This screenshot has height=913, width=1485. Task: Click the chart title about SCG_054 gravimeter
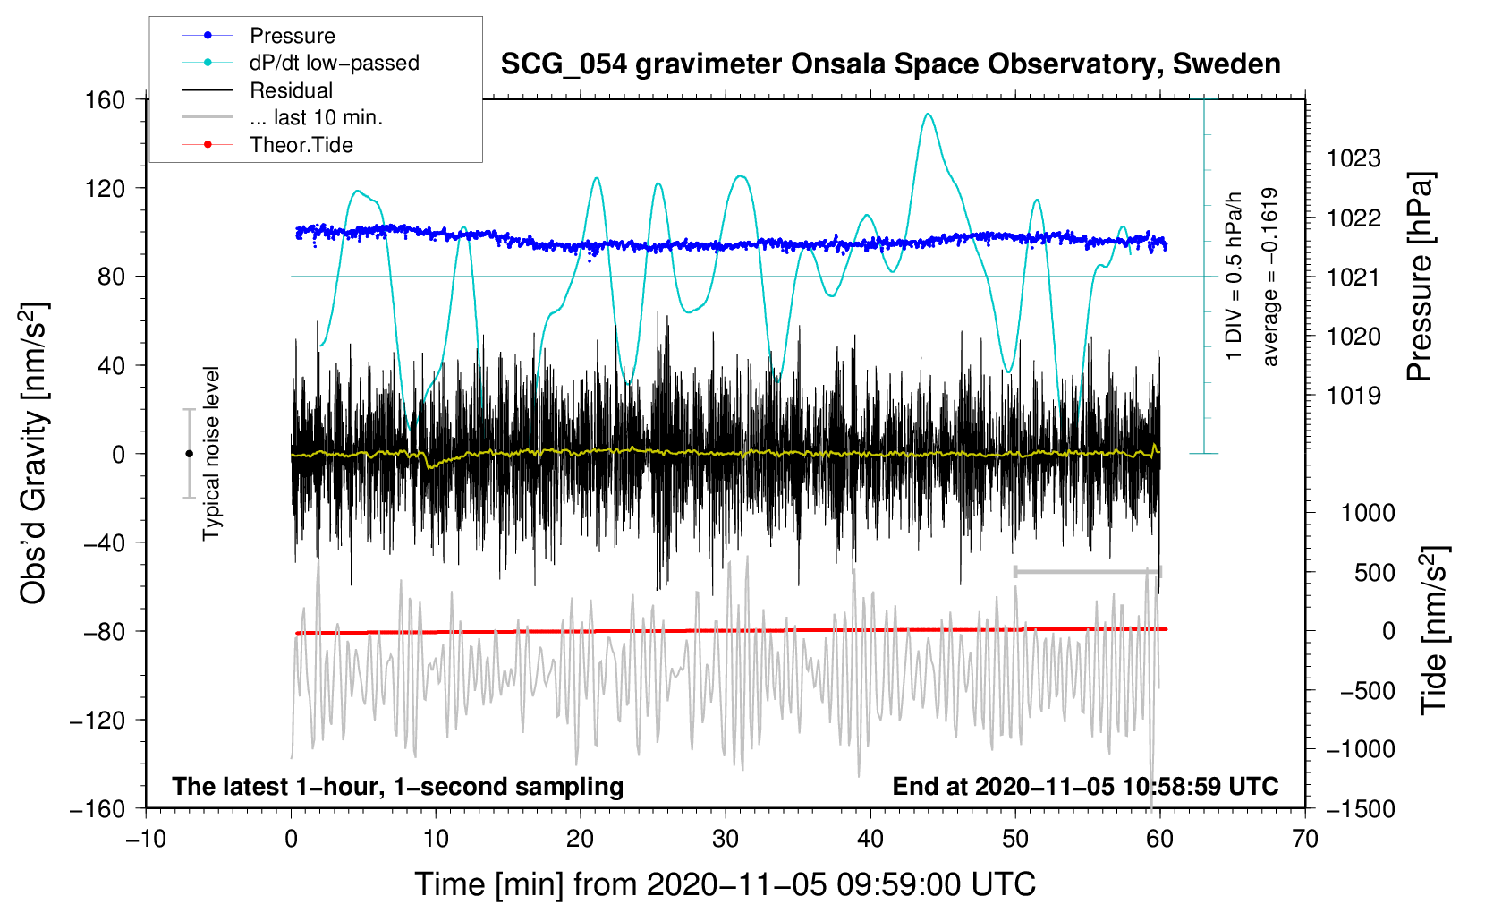click(x=890, y=64)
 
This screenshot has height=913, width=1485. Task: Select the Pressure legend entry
click(x=292, y=36)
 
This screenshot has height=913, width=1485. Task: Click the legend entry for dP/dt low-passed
click(x=334, y=63)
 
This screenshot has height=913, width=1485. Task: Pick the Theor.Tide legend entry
click(x=301, y=145)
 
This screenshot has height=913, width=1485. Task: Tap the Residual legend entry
click(x=291, y=90)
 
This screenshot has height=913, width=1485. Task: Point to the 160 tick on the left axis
click(x=106, y=99)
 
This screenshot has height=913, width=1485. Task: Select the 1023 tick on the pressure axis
click(x=1353, y=158)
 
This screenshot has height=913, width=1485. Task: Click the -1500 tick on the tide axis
click(x=1360, y=808)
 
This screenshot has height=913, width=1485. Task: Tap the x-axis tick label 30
click(x=726, y=839)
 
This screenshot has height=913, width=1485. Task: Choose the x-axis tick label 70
click(x=1305, y=839)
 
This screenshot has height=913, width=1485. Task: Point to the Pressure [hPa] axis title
click(x=1420, y=277)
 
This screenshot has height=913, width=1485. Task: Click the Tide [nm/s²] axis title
click(x=1434, y=628)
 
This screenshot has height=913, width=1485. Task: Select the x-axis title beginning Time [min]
click(x=725, y=884)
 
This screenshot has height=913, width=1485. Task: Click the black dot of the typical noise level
click(x=189, y=454)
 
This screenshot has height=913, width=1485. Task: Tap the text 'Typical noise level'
click(x=211, y=453)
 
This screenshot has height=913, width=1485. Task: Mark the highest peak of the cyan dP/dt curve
click(x=928, y=114)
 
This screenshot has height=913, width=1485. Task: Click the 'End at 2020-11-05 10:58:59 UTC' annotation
click(x=1085, y=786)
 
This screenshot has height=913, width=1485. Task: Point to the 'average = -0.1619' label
click(x=1270, y=277)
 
